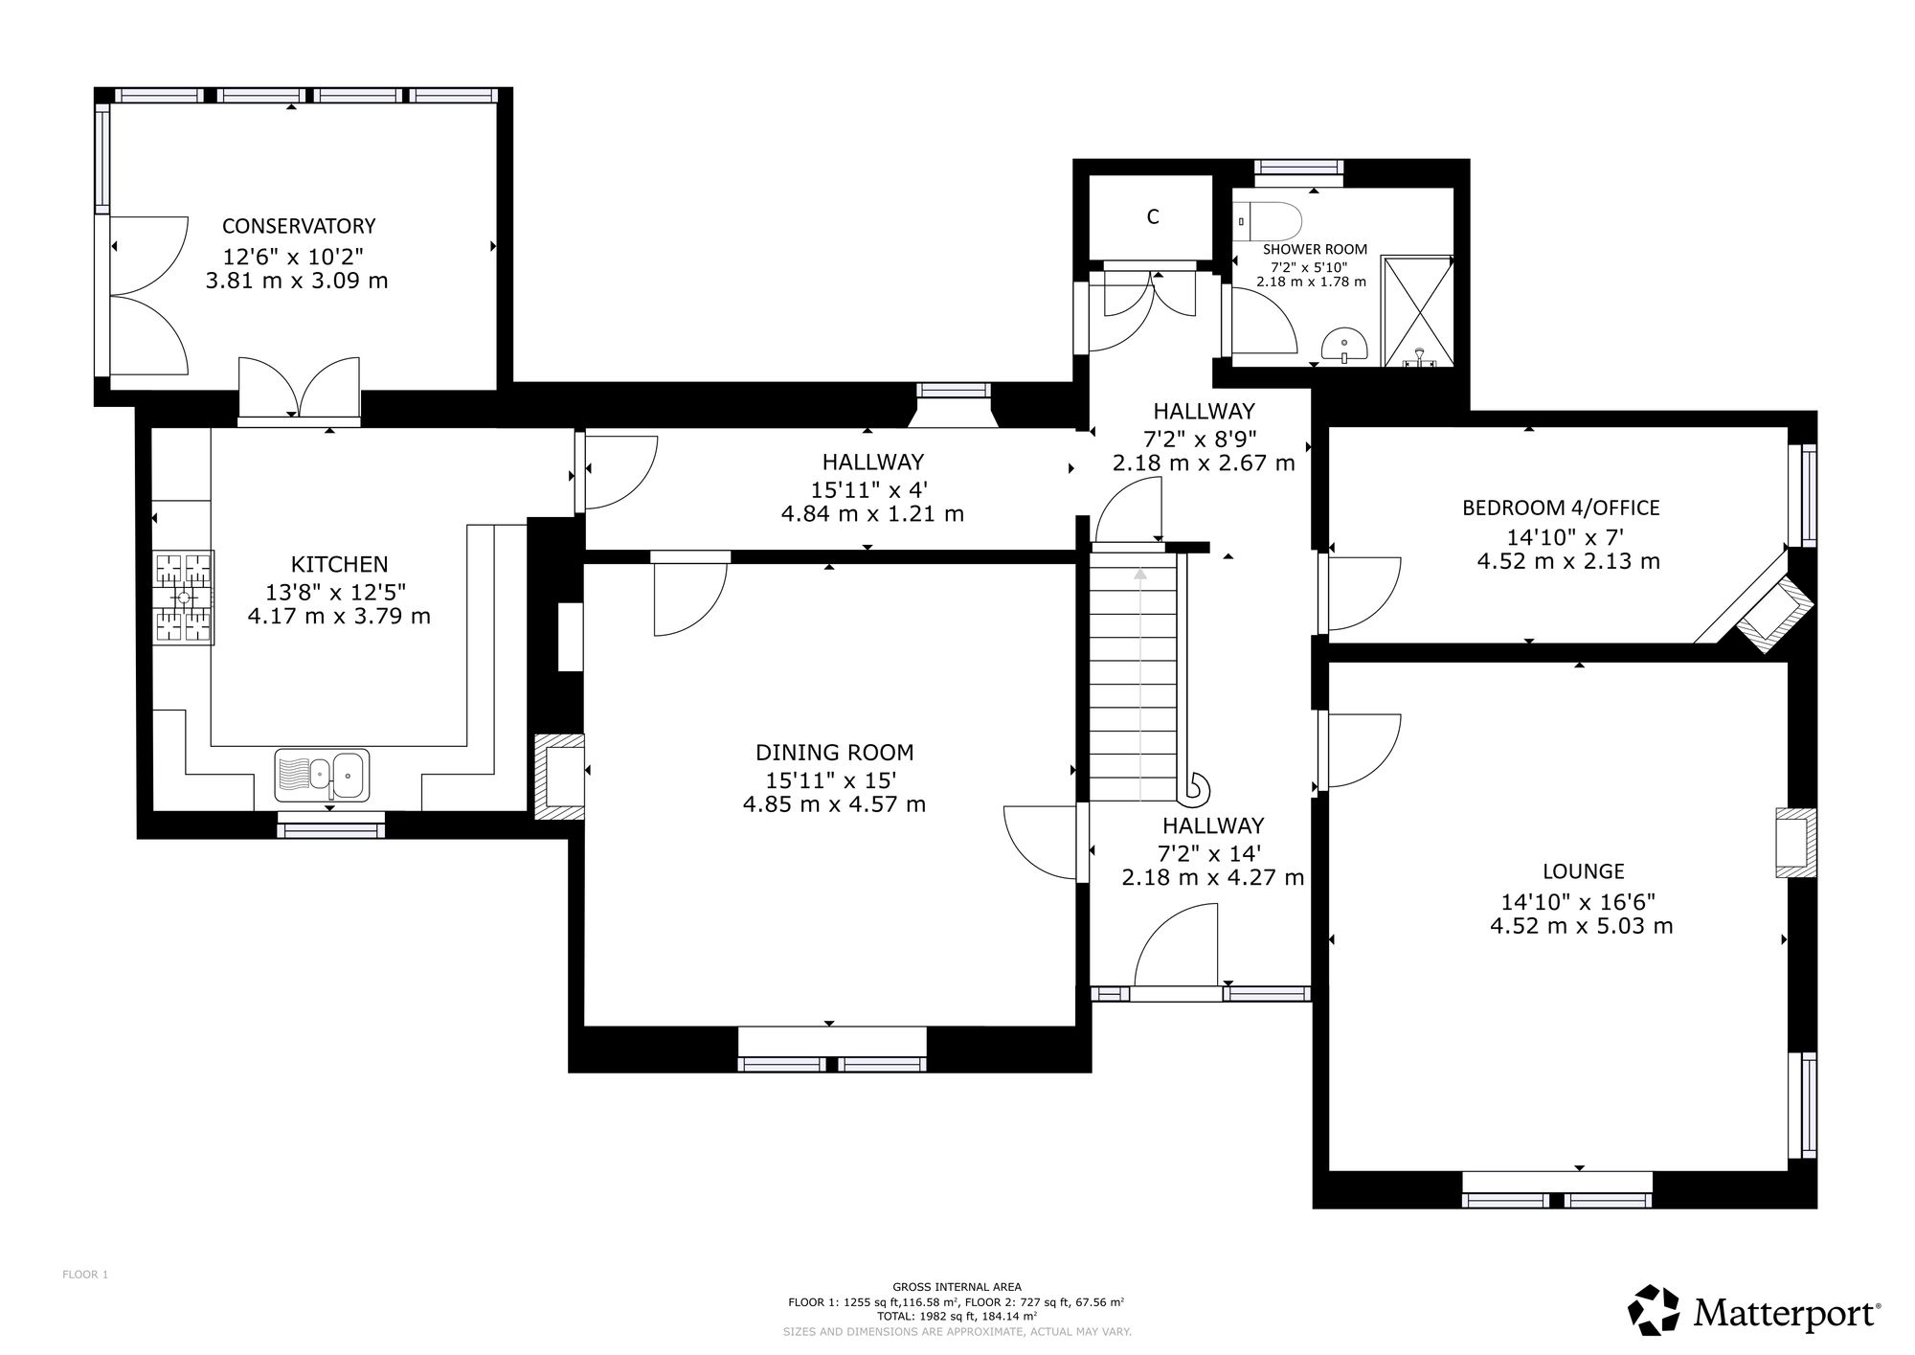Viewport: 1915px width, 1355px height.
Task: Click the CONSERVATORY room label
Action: point(299,226)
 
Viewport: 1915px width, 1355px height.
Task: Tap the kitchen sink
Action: point(322,775)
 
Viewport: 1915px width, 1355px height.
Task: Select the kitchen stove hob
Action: point(183,598)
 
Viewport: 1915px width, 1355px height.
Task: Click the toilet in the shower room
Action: point(1269,222)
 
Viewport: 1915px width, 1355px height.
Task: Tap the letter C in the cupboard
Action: point(1153,217)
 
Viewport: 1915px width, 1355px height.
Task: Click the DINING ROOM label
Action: point(835,753)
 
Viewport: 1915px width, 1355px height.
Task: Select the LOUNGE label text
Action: point(1584,871)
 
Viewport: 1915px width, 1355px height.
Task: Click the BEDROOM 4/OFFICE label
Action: point(1561,508)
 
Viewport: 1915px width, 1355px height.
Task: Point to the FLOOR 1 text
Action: point(85,1275)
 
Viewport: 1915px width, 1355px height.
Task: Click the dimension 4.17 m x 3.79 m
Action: point(339,616)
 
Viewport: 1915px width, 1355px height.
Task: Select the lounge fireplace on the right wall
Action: point(1796,843)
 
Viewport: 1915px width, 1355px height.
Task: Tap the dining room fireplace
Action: point(560,777)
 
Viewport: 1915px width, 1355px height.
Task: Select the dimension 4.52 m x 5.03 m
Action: point(1582,926)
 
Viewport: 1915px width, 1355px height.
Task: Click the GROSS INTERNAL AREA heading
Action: point(957,1287)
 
